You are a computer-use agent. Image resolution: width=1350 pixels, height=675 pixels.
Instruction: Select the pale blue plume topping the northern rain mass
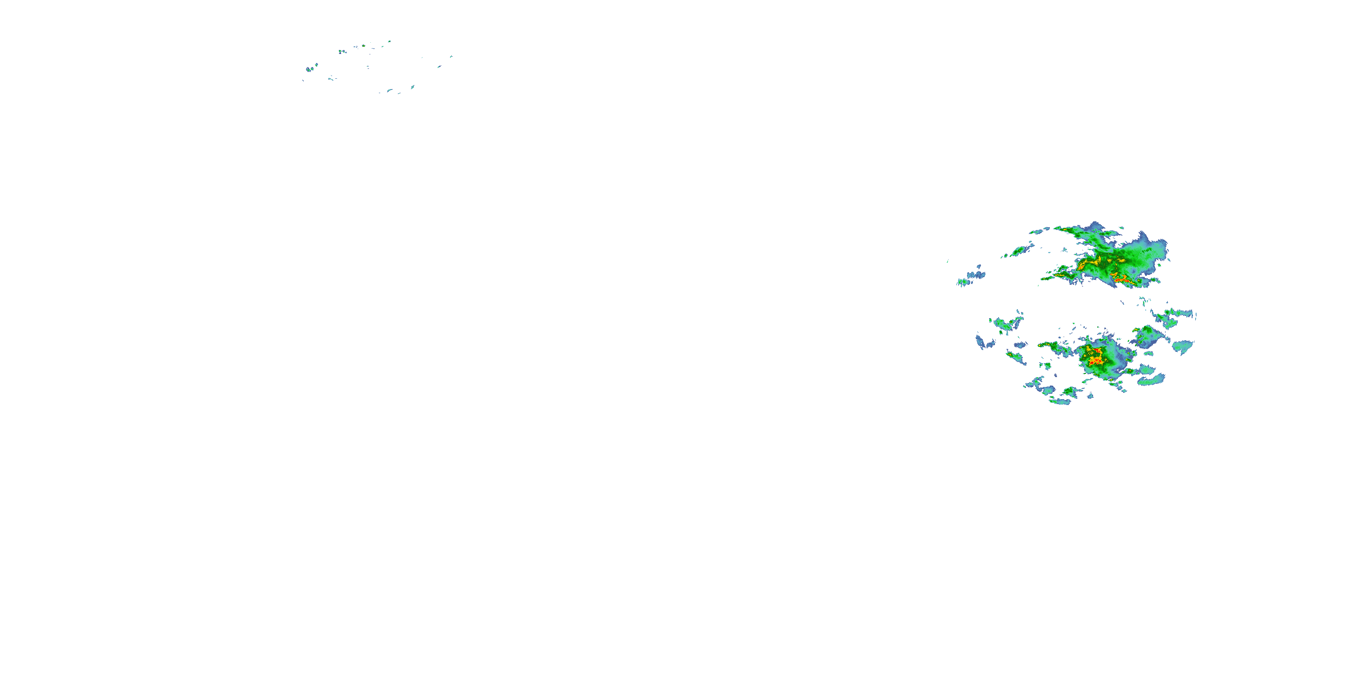click(1153, 246)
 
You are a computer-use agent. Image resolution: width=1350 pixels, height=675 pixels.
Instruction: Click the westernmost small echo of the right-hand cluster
click(948, 261)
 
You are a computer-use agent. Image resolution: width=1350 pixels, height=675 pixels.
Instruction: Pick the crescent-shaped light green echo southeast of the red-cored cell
click(1151, 379)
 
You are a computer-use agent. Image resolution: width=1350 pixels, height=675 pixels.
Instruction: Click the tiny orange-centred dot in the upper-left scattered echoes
click(342, 52)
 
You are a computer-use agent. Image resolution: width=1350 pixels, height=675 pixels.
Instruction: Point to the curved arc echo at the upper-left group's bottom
click(389, 90)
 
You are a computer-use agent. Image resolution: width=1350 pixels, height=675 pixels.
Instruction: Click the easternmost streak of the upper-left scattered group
click(451, 57)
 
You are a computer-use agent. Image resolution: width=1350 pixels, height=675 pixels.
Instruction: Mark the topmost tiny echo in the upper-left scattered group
click(389, 41)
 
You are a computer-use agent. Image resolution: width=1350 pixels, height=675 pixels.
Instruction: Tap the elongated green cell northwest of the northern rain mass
click(1019, 251)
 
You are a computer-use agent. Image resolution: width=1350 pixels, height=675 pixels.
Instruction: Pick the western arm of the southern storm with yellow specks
click(1053, 346)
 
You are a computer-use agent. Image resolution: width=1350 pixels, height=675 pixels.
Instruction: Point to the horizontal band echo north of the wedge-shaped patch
click(1174, 315)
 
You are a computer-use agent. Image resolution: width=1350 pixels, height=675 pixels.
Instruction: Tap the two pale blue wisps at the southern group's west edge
click(984, 342)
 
